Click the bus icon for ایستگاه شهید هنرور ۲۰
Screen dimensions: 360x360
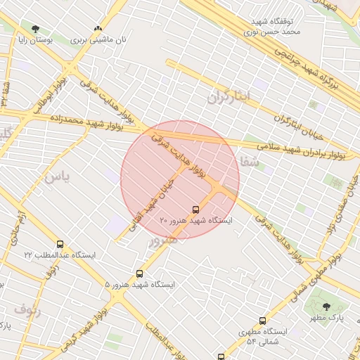[195, 209]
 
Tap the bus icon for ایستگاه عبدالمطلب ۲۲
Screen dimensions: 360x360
[60, 244]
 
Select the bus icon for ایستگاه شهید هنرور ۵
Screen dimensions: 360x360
[139, 274]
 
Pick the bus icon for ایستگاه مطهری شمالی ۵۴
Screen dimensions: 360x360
[263, 321]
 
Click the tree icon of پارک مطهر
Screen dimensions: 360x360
[326, 306]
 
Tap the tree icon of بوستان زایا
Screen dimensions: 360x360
[35, 29]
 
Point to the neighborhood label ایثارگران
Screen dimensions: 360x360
[229, 97]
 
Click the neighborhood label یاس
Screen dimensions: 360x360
[57, 176]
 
